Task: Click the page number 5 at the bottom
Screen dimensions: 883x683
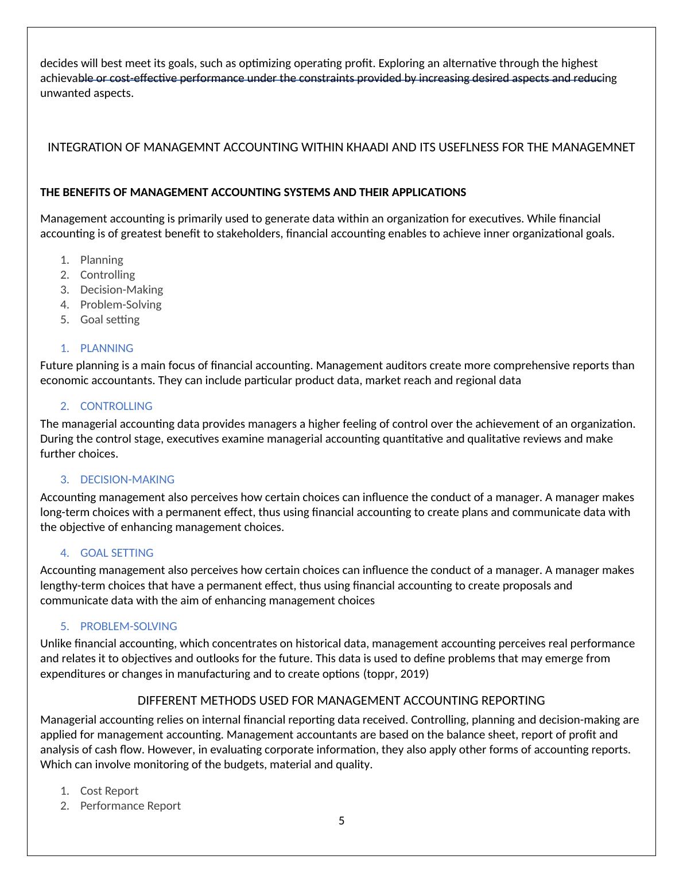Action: [x=341, y=821]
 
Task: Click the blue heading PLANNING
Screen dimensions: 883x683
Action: [x=106, y=348]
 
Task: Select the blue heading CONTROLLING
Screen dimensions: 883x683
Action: [x=116, y=406]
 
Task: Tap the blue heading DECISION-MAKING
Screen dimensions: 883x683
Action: [x=127, y=479]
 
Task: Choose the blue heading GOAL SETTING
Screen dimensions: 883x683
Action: [x=117, y=553]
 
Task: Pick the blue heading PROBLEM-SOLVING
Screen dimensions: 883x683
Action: [x=128, y=626]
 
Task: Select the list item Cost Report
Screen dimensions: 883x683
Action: [x=109, y=791]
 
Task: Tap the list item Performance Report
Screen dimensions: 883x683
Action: [x=130, y=806]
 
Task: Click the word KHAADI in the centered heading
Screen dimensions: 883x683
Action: [x=367, y=147]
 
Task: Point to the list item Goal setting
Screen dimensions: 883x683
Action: [x=110, y=319]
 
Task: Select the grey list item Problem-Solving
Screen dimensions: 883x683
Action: [x=121, y=304]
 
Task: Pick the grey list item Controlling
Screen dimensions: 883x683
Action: [x=107, y=275]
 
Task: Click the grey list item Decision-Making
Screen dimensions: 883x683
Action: [x=121, y=290]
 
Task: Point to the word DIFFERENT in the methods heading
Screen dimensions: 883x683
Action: [x=165, y=701]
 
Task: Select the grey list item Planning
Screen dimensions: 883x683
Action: [x=102, y=260]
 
